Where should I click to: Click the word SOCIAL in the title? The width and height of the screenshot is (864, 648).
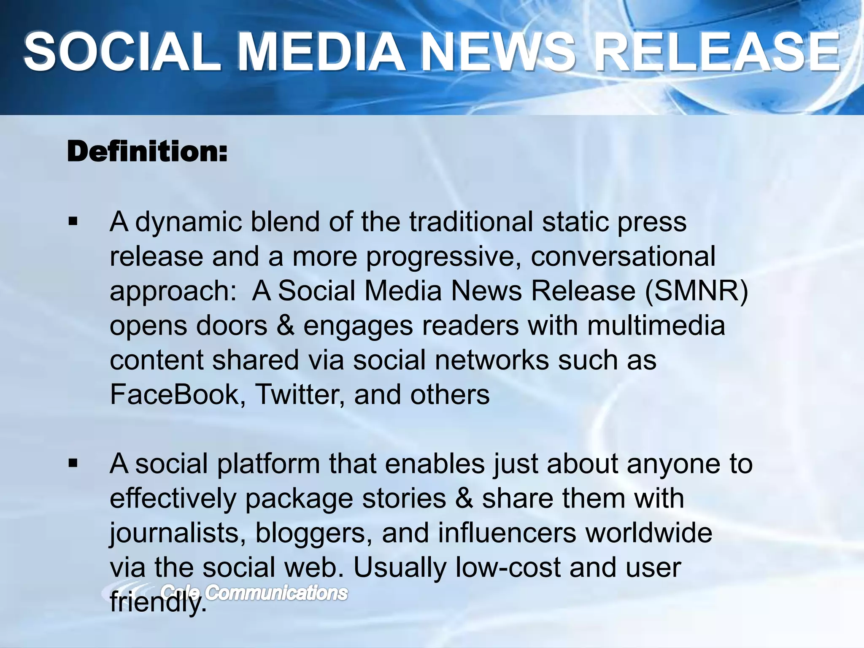(122, 53)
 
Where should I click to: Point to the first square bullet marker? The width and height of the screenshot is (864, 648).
(73, 221)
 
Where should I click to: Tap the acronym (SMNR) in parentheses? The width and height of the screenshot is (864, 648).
(697, 291)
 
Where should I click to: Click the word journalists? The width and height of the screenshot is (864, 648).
(178, 533)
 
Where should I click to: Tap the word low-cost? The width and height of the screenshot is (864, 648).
(508, 567)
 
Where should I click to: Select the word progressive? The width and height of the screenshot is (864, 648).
(443, 257)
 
